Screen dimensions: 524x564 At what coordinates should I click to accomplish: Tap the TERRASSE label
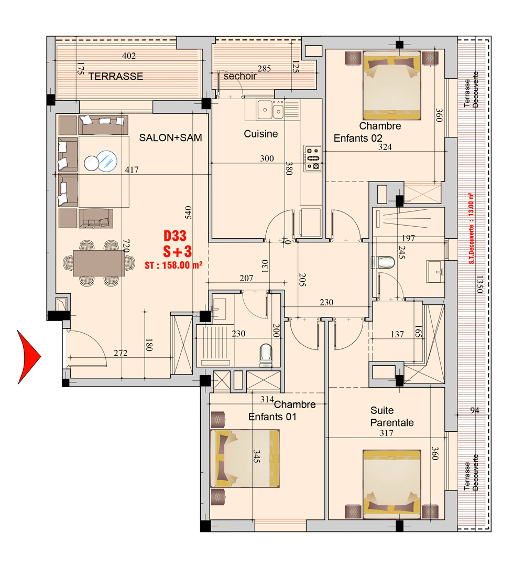point(116,76)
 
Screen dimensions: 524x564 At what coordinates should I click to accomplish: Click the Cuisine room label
point(261,134)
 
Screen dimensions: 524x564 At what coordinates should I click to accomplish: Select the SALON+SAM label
point(170,138)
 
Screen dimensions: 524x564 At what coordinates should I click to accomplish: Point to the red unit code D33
point(175,236)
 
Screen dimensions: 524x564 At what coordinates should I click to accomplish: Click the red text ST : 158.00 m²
point(173,265)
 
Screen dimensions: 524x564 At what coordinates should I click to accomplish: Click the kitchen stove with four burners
point(312,158)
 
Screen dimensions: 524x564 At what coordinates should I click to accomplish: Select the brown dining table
point(99,263)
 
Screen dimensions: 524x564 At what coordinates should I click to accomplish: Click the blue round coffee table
point(107,161)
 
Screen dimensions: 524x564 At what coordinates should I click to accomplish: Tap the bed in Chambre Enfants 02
point(391,85)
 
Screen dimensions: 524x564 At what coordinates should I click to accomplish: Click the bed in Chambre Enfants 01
point(245,459)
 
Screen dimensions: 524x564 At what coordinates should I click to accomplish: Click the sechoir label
point(240,76)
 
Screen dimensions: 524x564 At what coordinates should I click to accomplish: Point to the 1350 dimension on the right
point(479,284)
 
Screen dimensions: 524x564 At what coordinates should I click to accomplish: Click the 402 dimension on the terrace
point(128,56)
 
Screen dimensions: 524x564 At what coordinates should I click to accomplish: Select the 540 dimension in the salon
point(188,212)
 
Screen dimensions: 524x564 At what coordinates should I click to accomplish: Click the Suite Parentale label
point(392,417)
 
